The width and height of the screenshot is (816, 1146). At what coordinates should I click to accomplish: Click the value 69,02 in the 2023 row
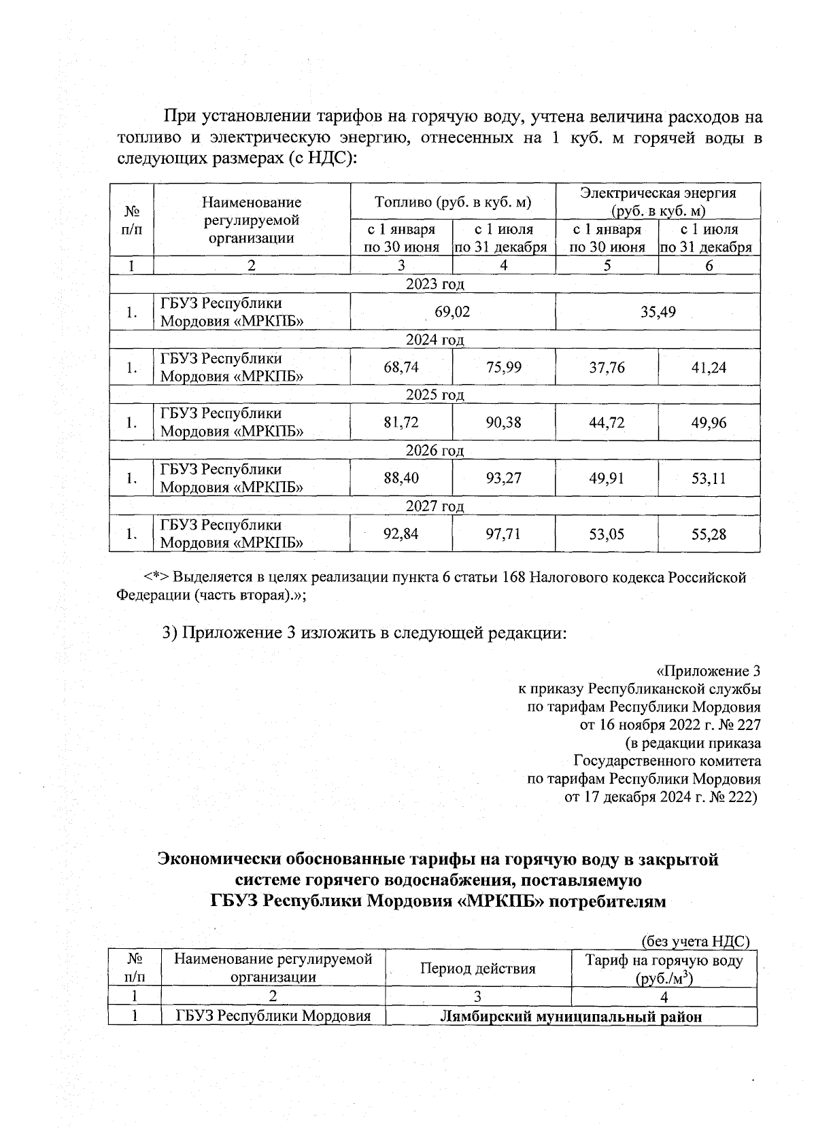tap(452, 312)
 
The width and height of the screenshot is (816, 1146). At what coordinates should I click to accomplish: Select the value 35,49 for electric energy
tap(658, 312)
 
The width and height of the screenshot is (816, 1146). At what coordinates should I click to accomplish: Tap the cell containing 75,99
tap(504, 368)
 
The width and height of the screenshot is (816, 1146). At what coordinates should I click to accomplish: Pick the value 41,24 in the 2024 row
tap(709, 368)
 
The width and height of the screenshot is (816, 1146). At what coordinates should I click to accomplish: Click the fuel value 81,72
tap(401, 423)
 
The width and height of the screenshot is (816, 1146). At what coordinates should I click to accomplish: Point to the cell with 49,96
tap(709, 423)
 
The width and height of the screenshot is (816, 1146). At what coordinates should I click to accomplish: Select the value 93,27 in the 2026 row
tap(504, 478)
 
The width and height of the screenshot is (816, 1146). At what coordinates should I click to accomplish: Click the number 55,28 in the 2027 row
tap(709, 534)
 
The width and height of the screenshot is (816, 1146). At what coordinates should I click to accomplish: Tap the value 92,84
tap(401, 534)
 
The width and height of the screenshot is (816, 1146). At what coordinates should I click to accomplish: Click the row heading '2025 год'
tap(435, 395)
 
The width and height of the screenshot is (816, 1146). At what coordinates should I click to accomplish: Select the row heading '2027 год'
tap(435, 506)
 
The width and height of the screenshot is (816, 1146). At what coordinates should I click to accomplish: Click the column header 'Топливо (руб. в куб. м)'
tap(453, 202)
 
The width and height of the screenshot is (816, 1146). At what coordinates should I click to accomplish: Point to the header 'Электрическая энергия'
tap(658, 194)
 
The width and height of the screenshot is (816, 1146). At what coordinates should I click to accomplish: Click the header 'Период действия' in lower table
tap(477, 969)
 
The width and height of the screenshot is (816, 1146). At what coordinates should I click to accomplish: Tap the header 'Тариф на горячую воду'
tap(664, 960)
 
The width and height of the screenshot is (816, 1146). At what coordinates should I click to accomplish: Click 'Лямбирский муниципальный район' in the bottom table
tap(571, 1017)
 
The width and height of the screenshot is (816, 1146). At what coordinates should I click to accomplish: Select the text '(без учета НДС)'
tap(696, 941)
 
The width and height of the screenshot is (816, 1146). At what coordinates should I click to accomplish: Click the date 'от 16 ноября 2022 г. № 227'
tap(670, 725)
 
